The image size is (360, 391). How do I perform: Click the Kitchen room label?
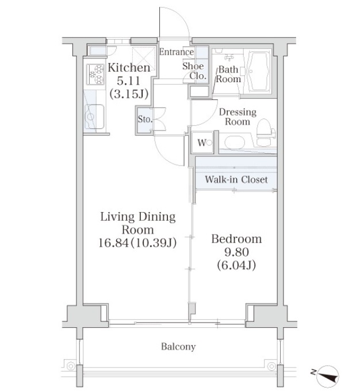pyautogui.click(x=129, y=68)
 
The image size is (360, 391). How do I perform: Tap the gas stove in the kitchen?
pyautogui.click(x=95, y=74)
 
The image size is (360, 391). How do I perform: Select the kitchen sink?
pyautogui.click(x=94, y=117)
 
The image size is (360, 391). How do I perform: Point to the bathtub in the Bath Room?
pyautogui.click(x=259, y=71)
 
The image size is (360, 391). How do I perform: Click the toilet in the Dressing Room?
pyautogui.click(x=266, y=132)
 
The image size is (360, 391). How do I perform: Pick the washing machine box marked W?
pyautogui.click(x=202, y=143)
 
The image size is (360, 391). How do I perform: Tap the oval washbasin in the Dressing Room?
pyautogui.click(x=235, y=143)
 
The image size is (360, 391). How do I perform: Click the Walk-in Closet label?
pyautogui.click(x=236, y=179)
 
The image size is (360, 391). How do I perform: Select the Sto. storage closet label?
pyautogui.click(x=145, y=119)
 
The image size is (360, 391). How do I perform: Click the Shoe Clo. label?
pyautogui.click(x=194, y=71)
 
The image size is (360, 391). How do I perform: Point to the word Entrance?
pyautogui.click(x=177, y=52)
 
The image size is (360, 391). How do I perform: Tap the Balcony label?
pyautogui.click(x=178, y=347)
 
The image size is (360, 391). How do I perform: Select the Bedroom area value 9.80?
pyautogui.click(x=236, y=252)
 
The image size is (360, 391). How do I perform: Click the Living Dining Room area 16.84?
pyautogui.click(x=114, y=243)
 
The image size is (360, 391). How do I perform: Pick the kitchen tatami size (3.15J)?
pyautogui.click(x=129, y=94)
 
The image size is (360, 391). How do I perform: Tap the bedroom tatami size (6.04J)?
pyautogui.click(x=236, y=265)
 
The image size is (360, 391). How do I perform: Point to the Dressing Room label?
pyautogui.click(x=238, y=117)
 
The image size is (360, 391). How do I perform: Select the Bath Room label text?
pyautogui.click(x=228, y=74)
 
